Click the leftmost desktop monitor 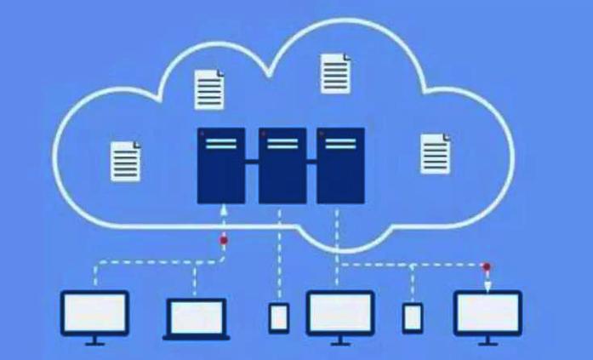pos(94,313)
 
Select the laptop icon pos(196,317)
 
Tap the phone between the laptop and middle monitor pos(278,317)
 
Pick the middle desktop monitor pos(339,313)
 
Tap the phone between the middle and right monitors pos(412,317)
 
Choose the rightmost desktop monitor pos(488,313)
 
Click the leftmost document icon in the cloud pos(126,161)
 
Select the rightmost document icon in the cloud pos(434,153)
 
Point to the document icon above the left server pos(209,89)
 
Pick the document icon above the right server pos(335,73)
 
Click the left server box pos(221,165)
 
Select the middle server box pos(282,165)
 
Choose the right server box pos(340,165)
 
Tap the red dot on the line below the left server pos(224,242)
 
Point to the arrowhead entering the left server pos(223,209)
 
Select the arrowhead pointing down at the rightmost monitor pos(487,285)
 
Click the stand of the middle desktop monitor pos(339,341)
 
